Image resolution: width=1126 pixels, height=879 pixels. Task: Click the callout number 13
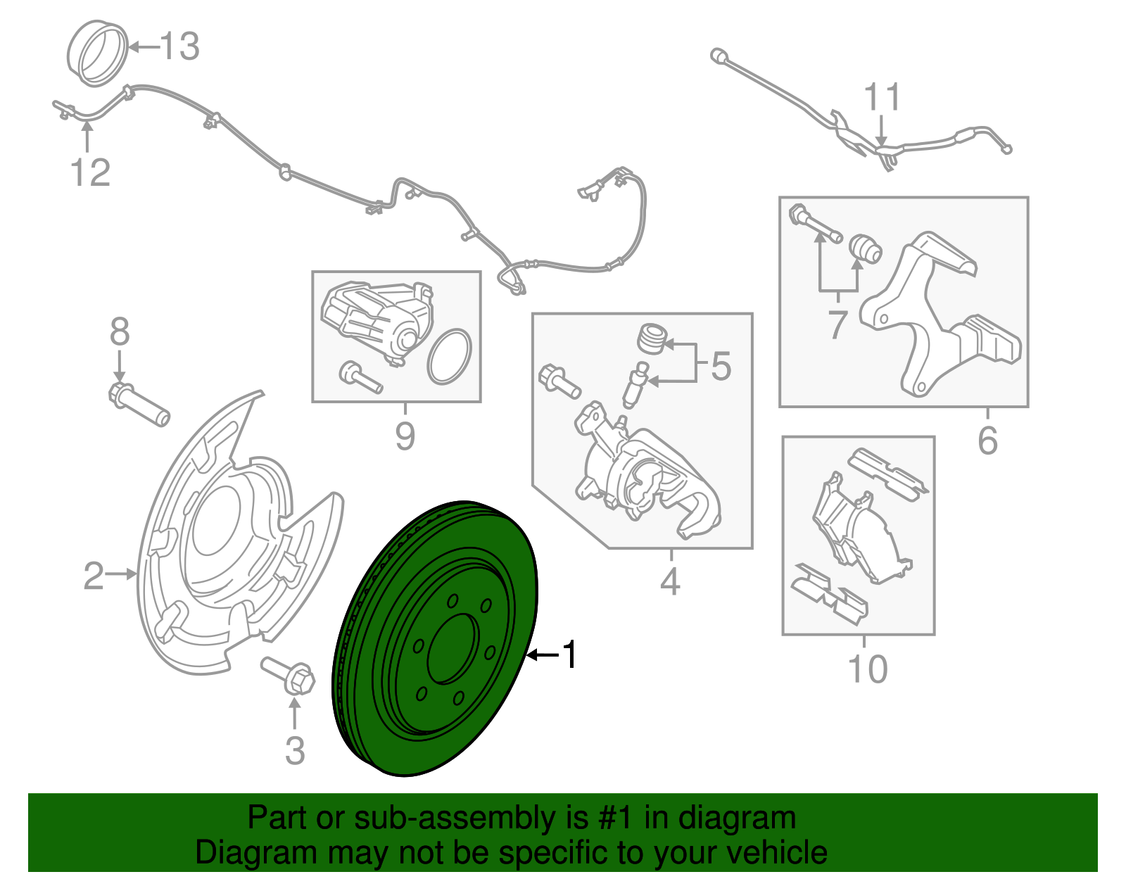point(181,47)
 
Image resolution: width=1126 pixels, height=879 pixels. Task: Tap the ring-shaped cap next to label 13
point(99,54)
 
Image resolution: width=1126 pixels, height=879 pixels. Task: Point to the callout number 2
point(94,576)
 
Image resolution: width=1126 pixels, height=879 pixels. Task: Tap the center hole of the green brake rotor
point(450,648)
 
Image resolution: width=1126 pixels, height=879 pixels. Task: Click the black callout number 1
point(570,655)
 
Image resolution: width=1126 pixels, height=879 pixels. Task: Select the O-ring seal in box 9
point(448,358)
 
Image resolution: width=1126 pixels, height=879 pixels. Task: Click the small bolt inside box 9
point(360,378)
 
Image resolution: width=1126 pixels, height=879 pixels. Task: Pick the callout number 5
point(721,367)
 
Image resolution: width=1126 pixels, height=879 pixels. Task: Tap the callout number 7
point(837,324)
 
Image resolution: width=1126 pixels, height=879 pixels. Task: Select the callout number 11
point(882,98)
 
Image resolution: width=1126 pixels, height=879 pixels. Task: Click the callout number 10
point(868,669)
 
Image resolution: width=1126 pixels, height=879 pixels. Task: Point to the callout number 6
point(987,441)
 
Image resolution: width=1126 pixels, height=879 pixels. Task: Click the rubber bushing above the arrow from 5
point(652,338)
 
